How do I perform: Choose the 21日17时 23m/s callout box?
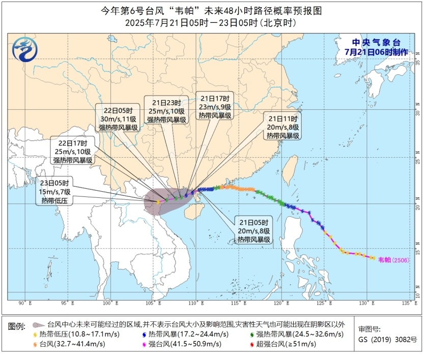coord(215,107)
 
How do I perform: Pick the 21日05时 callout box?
coord(252,230)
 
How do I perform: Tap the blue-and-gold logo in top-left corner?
coord(23,50)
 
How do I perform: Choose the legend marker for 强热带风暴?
coord(253,334)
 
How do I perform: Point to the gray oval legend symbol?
coord(37,324)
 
